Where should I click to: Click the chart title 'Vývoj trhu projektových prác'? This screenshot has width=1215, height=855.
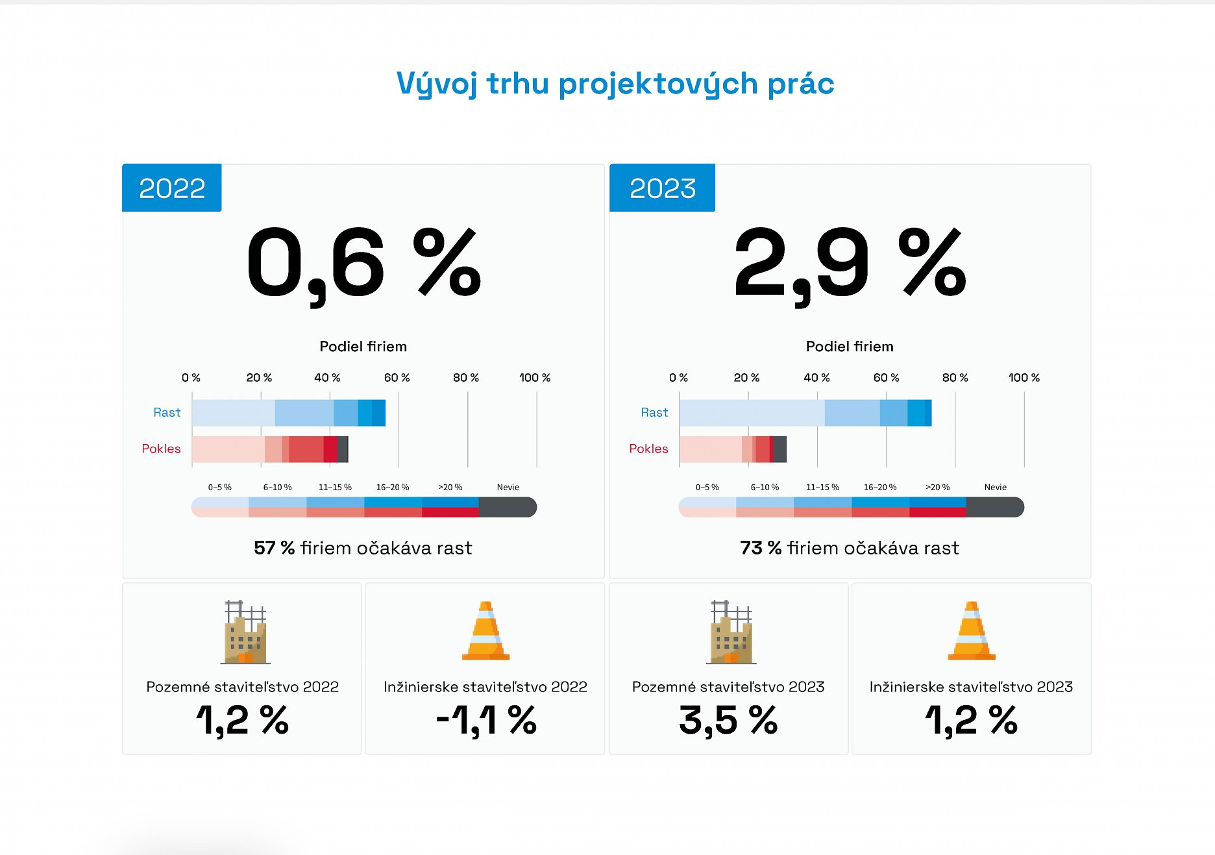[615, 84]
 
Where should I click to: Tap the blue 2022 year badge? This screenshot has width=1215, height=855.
[172, 188]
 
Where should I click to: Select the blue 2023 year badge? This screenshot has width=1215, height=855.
[662, 188]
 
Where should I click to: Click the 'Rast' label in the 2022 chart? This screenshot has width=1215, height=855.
[167, 412]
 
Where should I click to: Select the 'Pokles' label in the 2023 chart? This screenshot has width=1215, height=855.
[648, 449]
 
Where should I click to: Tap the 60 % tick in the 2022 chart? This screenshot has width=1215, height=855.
[397, 377]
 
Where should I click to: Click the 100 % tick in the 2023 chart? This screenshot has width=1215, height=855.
[1024, 377]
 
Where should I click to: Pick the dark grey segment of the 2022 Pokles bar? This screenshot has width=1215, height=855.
[343, 449]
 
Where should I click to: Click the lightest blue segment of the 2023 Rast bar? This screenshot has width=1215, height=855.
[752, 413]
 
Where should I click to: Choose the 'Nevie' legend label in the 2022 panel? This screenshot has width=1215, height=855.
[508, 487]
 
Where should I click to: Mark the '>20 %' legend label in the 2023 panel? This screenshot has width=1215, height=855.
[937, 487]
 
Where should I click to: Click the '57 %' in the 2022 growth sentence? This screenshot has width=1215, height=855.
[274, 548]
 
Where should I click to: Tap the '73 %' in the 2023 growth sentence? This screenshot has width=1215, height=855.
[761, 548]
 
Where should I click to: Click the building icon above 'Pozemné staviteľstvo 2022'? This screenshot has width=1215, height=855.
[245, 632]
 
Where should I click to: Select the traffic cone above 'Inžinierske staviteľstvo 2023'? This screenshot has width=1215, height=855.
[971, 631]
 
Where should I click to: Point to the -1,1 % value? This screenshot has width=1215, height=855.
[486, 721]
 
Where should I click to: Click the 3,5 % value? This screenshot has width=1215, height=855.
[728, 721]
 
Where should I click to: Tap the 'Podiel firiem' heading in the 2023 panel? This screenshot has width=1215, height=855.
[850, 347]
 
